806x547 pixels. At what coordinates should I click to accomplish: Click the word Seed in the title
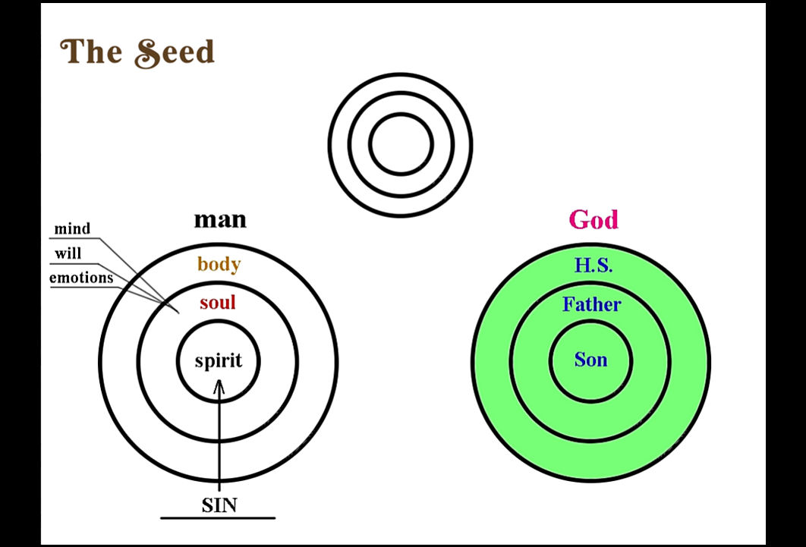pyautogui.click(x=175, y=52)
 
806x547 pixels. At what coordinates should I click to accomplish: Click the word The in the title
pyautogui.click(x=92, y=52)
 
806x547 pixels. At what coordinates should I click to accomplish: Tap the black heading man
pyautogui.click(x=220, y=220)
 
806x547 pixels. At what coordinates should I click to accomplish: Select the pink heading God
pyautogui.click(x=593, y=220)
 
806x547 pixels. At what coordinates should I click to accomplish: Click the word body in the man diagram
pyautogui.click(x=219, y=264)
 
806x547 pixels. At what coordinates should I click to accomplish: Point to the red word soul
pyautogui.click(x=217, y=302)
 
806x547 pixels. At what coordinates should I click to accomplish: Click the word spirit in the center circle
pyautogui.click(x=219, y=360)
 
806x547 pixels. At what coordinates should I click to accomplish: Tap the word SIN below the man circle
pyautogui.click(x=219, y=505)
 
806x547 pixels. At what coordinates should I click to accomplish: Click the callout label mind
pyautogui.click(x=72, y=228)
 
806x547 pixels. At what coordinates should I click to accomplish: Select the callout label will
pyautogui.click(x=68, y=253)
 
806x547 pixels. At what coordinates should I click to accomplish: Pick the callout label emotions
pyautogui.click(x=81, y=278)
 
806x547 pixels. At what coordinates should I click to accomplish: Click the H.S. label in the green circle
pyautogui.click(x=593, y=265)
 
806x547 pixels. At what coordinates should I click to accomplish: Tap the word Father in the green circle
pyautogui.click(x=592, y=304)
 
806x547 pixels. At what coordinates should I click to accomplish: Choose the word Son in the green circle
pyautogui.click(x=590, y=360)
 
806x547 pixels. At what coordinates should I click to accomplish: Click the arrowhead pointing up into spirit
pyautogui.click(x=219, y=386)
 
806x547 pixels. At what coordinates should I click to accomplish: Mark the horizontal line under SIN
pyautogui.click(x=218, y=517)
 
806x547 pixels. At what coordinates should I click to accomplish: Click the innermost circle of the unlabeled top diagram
pyautogui.click(x=401, y=114)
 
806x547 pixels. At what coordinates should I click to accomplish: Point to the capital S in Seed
pyautogui.click(x=147, y=53)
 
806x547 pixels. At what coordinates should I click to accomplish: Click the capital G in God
pyautogui.click(x=579, y=220)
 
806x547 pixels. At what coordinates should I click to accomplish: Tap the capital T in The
pyautogui.click(x=71, y=51)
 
